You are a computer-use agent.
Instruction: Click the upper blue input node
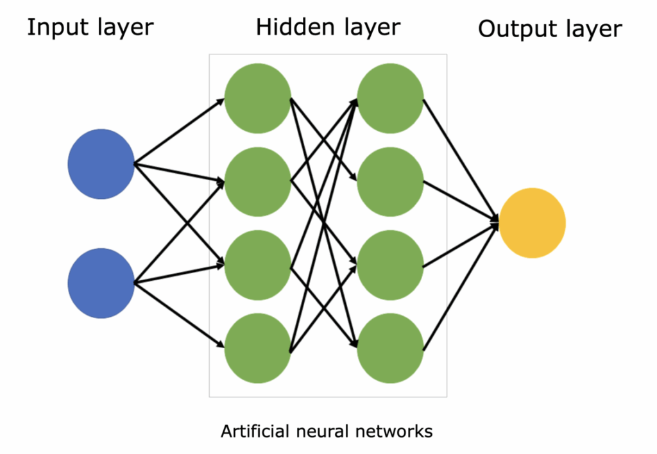(101, 164)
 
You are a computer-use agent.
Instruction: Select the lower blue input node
(101, 283)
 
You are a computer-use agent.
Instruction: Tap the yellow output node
(532, 223)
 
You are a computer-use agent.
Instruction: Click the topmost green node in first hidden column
(257, 98)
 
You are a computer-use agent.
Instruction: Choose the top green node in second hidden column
(390, 98)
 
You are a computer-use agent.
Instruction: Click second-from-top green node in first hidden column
(257, 181)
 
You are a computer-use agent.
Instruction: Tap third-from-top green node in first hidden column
(257, 265)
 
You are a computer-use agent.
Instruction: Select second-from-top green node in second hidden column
(390, 181)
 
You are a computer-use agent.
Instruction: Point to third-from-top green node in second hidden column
(390, 265)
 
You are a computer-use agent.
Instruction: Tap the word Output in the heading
(515, 29)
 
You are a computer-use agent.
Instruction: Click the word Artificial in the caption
(253, 432)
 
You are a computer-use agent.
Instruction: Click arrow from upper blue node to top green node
(180, 131)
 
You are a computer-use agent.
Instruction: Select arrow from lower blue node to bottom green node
(180, 315)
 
